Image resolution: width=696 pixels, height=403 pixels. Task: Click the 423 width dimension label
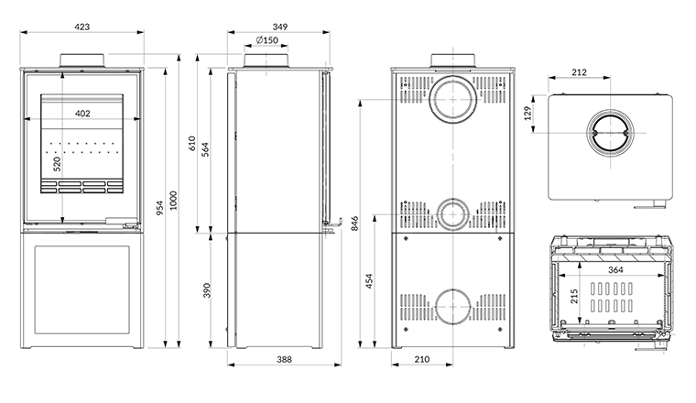(82, 27)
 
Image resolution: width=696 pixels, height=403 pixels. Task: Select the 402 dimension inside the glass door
(82, 114)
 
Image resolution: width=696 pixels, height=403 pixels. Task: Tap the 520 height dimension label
(57, 164)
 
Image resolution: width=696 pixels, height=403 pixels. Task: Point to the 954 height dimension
(159, 209)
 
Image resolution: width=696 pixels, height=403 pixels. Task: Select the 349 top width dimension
(279, 27)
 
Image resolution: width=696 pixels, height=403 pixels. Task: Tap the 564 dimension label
(206, 149)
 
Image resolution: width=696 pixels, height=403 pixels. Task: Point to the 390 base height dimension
(206, 290)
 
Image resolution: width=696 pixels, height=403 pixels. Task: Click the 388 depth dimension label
(283, 360)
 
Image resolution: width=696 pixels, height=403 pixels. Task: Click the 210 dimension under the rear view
(421, 360)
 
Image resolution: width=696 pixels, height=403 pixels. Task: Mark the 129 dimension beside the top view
(528, 114)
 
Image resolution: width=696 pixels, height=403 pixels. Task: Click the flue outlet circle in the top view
(608, 135)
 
